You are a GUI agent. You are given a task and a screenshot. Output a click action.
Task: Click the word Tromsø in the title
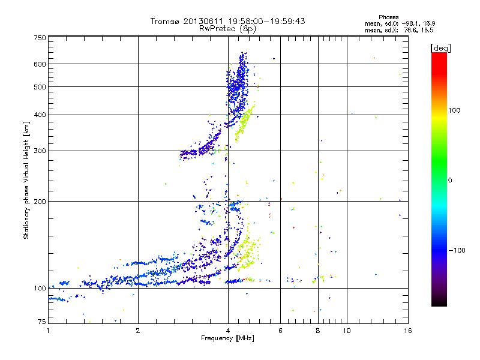166,21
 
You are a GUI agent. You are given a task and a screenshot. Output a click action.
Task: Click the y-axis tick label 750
40,38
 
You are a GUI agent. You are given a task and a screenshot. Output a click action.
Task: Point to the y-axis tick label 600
40,64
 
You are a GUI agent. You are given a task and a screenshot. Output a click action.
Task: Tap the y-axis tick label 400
40,115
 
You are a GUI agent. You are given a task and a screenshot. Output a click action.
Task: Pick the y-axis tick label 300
40,151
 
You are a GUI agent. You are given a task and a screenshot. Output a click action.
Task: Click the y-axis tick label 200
40,202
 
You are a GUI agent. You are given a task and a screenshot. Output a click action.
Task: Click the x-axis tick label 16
408,330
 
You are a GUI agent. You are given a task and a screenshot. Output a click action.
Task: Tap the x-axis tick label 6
281,330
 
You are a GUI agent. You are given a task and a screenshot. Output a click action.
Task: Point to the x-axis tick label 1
48,330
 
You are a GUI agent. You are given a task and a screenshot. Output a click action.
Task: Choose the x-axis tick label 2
138,330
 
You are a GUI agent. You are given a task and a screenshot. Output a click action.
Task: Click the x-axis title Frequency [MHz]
227,338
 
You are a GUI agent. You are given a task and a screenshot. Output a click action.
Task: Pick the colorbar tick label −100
457,250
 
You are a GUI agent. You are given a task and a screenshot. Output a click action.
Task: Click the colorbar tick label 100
454,110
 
